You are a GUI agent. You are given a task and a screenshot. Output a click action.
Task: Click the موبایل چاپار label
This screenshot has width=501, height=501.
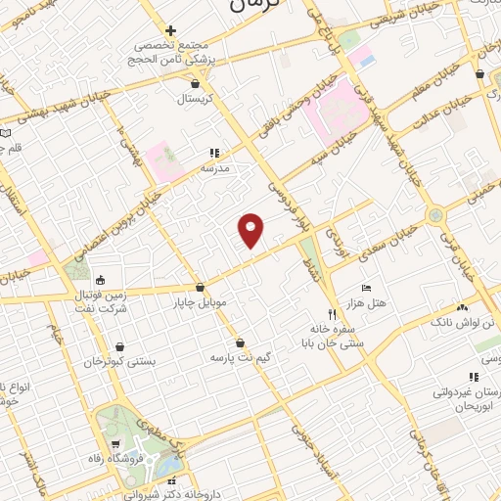point(200,302)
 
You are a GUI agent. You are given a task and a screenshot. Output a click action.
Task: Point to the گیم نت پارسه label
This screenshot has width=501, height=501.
point(240,358)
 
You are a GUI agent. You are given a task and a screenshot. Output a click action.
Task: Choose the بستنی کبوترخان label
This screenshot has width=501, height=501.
point(118,360)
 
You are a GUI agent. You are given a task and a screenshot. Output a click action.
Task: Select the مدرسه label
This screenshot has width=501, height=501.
point(214,167)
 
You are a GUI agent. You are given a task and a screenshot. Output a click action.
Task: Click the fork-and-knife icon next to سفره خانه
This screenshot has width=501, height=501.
point(332,314)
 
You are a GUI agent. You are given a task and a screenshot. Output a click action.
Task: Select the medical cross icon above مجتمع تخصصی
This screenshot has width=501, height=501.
point(171,31)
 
